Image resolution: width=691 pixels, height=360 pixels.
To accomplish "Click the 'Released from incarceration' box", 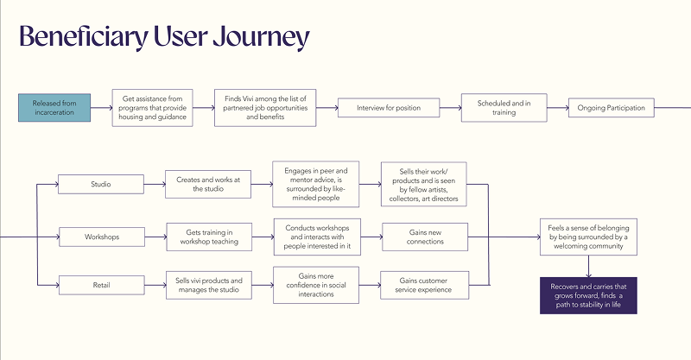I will [54, 108].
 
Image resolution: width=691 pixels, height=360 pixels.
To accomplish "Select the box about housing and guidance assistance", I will [152, 108].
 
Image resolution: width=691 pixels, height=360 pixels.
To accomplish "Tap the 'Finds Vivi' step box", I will [265, 108].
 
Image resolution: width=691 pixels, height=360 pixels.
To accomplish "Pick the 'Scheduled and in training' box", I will [497, 108].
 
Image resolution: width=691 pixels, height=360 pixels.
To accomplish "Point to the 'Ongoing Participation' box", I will [611, 108].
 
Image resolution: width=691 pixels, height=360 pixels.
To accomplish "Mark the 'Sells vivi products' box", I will [207, 285].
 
